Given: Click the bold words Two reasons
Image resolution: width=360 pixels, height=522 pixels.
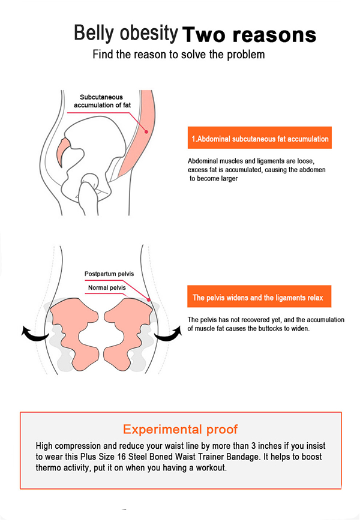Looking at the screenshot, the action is (249, 35).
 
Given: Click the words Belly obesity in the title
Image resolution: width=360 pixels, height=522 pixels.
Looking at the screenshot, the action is (126, 33).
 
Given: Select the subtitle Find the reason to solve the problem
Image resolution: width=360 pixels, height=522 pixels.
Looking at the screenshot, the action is (179, 54).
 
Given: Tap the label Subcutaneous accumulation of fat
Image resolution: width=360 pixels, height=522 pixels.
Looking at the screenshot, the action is (102, 101).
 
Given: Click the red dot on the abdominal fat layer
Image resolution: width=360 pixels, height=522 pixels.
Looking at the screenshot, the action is (146, 132).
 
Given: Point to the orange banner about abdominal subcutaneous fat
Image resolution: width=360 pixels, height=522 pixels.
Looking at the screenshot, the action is (260, 138).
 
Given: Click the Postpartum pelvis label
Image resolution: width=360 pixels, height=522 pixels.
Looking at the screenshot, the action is (109, 274).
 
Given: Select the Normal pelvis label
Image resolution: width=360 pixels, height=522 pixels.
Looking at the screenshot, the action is (107, 287).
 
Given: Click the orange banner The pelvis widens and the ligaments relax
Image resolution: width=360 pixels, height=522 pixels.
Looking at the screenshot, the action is (259, 296).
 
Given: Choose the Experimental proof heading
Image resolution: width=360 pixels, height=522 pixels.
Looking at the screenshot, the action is (180, 430).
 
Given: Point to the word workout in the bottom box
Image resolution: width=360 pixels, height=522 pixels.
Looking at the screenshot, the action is (211, 467).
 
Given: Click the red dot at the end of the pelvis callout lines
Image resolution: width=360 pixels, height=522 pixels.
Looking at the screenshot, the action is (149, 300).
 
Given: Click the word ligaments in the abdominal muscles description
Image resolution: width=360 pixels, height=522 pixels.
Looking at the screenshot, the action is (271, 161).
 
